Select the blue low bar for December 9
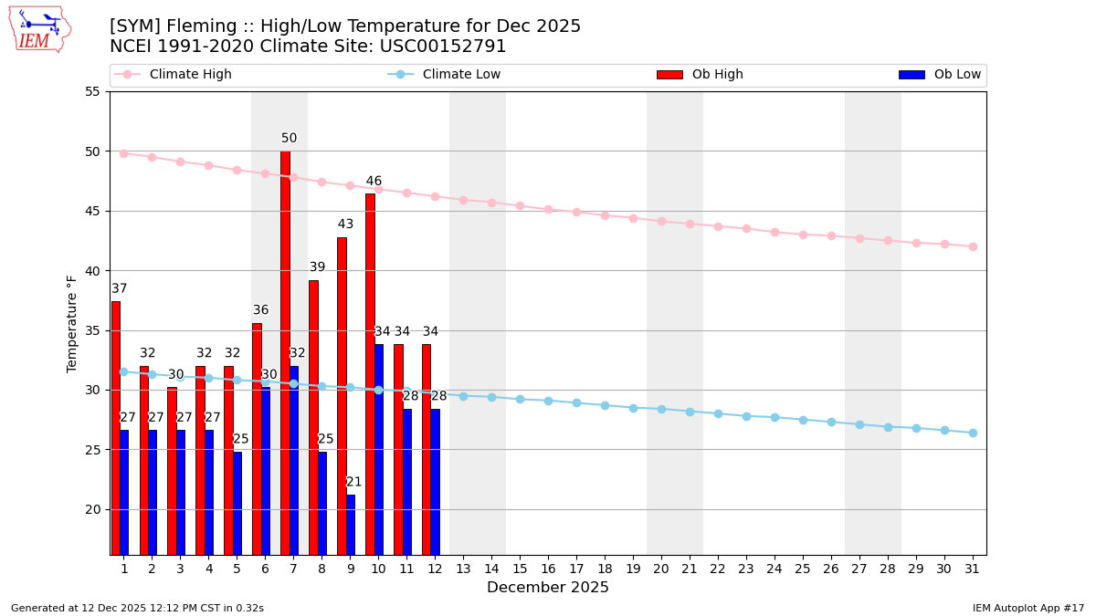tap(351, 525)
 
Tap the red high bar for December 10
tap(370, 374)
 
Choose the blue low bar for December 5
tap(237, 503)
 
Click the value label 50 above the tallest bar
tap(289, 139)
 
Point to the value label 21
tap(354, 482)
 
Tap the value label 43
tap(345, 224)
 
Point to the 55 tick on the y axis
tap(92, 91)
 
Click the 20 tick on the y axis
tap(92, 509)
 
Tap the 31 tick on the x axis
tap(973, 568)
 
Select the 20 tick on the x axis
tap(661, 568)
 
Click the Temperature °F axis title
tap(73, 323)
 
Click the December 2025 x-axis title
tap(548, 588)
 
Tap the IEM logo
tap(38, 29)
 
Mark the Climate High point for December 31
tap(973, 246)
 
